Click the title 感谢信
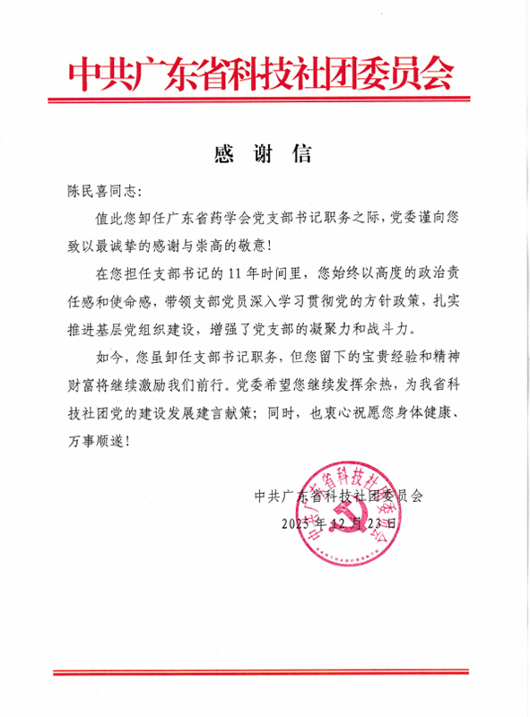coord(264,153)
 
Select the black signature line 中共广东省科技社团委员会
coord(338,494)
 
